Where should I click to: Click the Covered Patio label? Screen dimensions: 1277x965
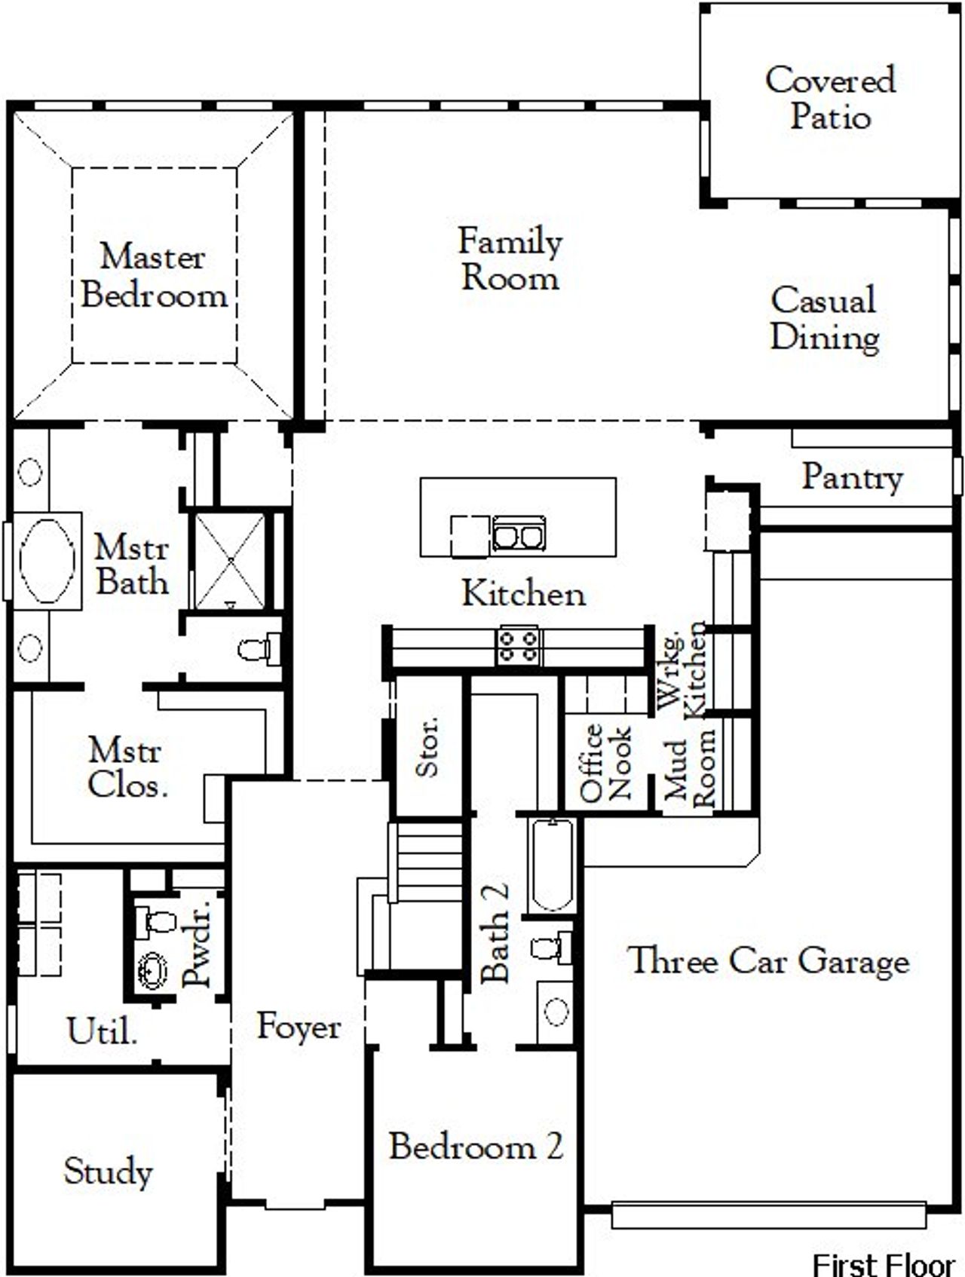[x=829, y=98]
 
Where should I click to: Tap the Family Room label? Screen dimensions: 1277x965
[x=510, y=259]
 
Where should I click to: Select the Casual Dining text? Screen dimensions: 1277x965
[x=824, y=318]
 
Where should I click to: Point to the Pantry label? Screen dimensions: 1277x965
[x=852, y=477]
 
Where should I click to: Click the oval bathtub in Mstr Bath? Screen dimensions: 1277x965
[x=47, y=561]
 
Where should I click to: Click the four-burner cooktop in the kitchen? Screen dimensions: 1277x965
[x=519, y=646]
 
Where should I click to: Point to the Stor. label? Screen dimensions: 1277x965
[x=428, y=746]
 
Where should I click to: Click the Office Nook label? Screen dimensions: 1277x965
[x=605, y=762]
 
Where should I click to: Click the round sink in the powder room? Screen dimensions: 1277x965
[x=153, y=969]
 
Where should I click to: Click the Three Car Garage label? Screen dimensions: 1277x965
[x=768, y=960]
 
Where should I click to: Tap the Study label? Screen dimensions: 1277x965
[x=108, y=1171]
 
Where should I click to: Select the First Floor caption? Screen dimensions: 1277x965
[x=883, y=1264]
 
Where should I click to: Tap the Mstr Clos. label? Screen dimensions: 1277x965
[x=127, y=767]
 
